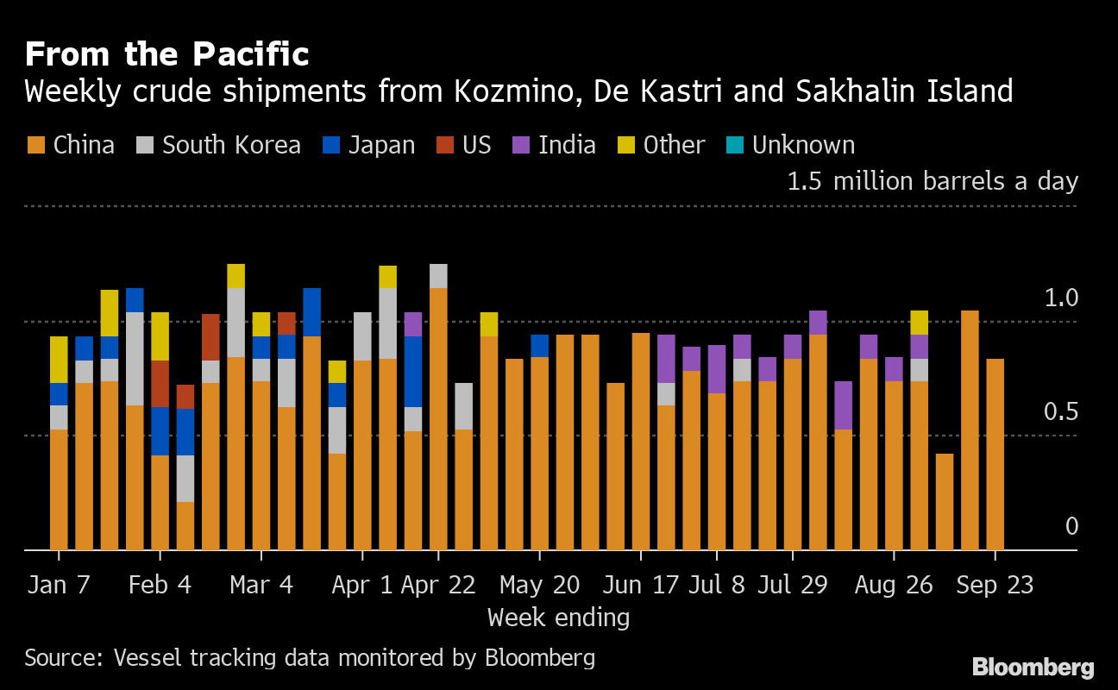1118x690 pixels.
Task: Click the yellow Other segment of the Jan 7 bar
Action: tap(59, 359)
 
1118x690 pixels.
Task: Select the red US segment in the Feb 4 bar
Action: tap(160, 383)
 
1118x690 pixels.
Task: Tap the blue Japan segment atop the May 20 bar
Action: tap(539, 345)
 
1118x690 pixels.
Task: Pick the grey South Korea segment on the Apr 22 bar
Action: tap(438, 275)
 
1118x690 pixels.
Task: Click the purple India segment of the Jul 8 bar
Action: tap(716, 368)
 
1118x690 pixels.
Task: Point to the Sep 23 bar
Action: tap(995, 454)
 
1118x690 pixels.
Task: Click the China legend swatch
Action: tap(35, 145)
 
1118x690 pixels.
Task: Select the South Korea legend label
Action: tap(231, 145)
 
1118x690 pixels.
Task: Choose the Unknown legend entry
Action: tap(803, 145)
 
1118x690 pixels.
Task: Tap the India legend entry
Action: tap(567, 145)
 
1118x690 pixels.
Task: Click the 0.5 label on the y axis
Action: tap(1061, 411)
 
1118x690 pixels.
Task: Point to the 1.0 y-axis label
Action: tap(1061, 298)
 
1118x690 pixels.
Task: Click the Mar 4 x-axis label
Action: tap(261, 585)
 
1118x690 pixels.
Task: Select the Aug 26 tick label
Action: tap(894, 585)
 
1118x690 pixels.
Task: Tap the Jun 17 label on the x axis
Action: tap(639, 585)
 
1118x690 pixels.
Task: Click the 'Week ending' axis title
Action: tap(558, 618)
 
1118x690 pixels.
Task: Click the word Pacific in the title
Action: tap(250, 54)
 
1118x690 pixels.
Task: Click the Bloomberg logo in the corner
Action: tap(1033, 667)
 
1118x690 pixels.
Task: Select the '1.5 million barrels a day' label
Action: tap(932, 181)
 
